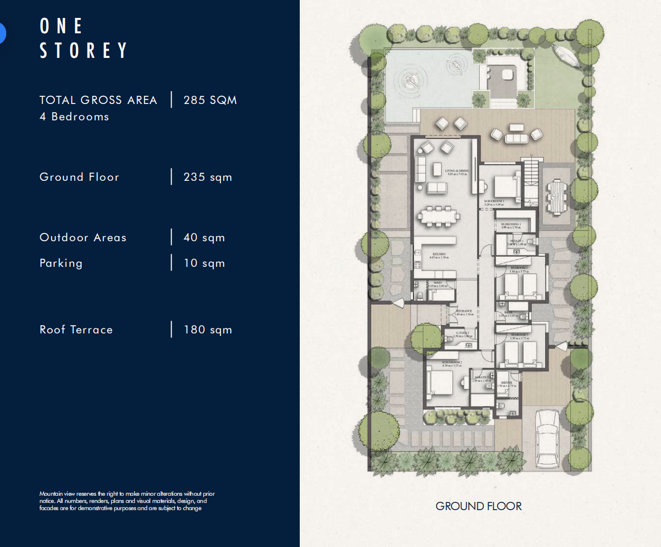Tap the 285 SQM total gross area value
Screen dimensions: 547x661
click(210, 100)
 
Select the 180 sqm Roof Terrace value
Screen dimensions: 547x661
click(208, 330)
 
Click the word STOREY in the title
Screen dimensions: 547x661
click(84, 51)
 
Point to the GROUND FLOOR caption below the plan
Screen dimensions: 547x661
click(478, 506)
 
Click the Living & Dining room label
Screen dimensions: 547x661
click(457, 172)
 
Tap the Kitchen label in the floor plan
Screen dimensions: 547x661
click(439, 255)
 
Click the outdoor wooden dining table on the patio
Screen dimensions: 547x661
click(557, 197)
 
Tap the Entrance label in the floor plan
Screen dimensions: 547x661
click(464, 312)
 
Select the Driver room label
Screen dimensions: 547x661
click(506, 384)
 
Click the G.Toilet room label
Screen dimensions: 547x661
click(462, 334)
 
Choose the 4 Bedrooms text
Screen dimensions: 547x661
click(74, 117)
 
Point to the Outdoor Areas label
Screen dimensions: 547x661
click(83, 238)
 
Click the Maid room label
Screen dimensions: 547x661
click(438, 284)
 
